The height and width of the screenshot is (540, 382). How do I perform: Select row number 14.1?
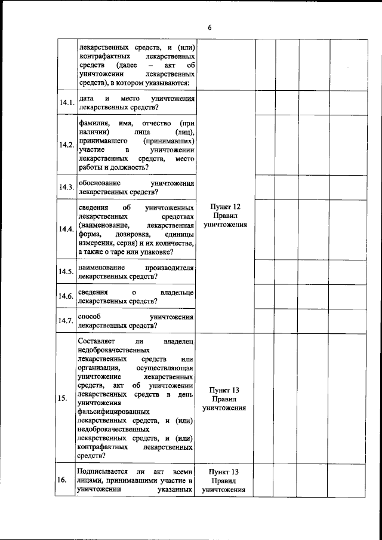pyautogui.click(x=66, y=103)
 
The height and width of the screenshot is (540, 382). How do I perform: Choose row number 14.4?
pyautogui.click(x=66, y=229)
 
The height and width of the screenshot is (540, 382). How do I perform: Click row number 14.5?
pyautogui.click(x=66, y=271)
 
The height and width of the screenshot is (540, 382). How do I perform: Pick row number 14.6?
pyautogui.click(x=66, y=297)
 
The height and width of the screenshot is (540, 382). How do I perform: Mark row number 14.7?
pyautogui.click(x=66, y=321)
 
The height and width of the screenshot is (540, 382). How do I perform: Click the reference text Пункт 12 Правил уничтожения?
pyautogui.click(x=225, y=216)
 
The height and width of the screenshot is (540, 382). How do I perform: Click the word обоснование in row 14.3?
pyautogui.click(x=98, y=182)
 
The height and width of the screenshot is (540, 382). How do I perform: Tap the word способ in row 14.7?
pyautogui.click(x=90, y=316)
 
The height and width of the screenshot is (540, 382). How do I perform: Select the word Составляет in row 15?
pyautogui.click(x=96, y=340)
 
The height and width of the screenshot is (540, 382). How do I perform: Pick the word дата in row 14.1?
pyautogui.click(x=85, y=98)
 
